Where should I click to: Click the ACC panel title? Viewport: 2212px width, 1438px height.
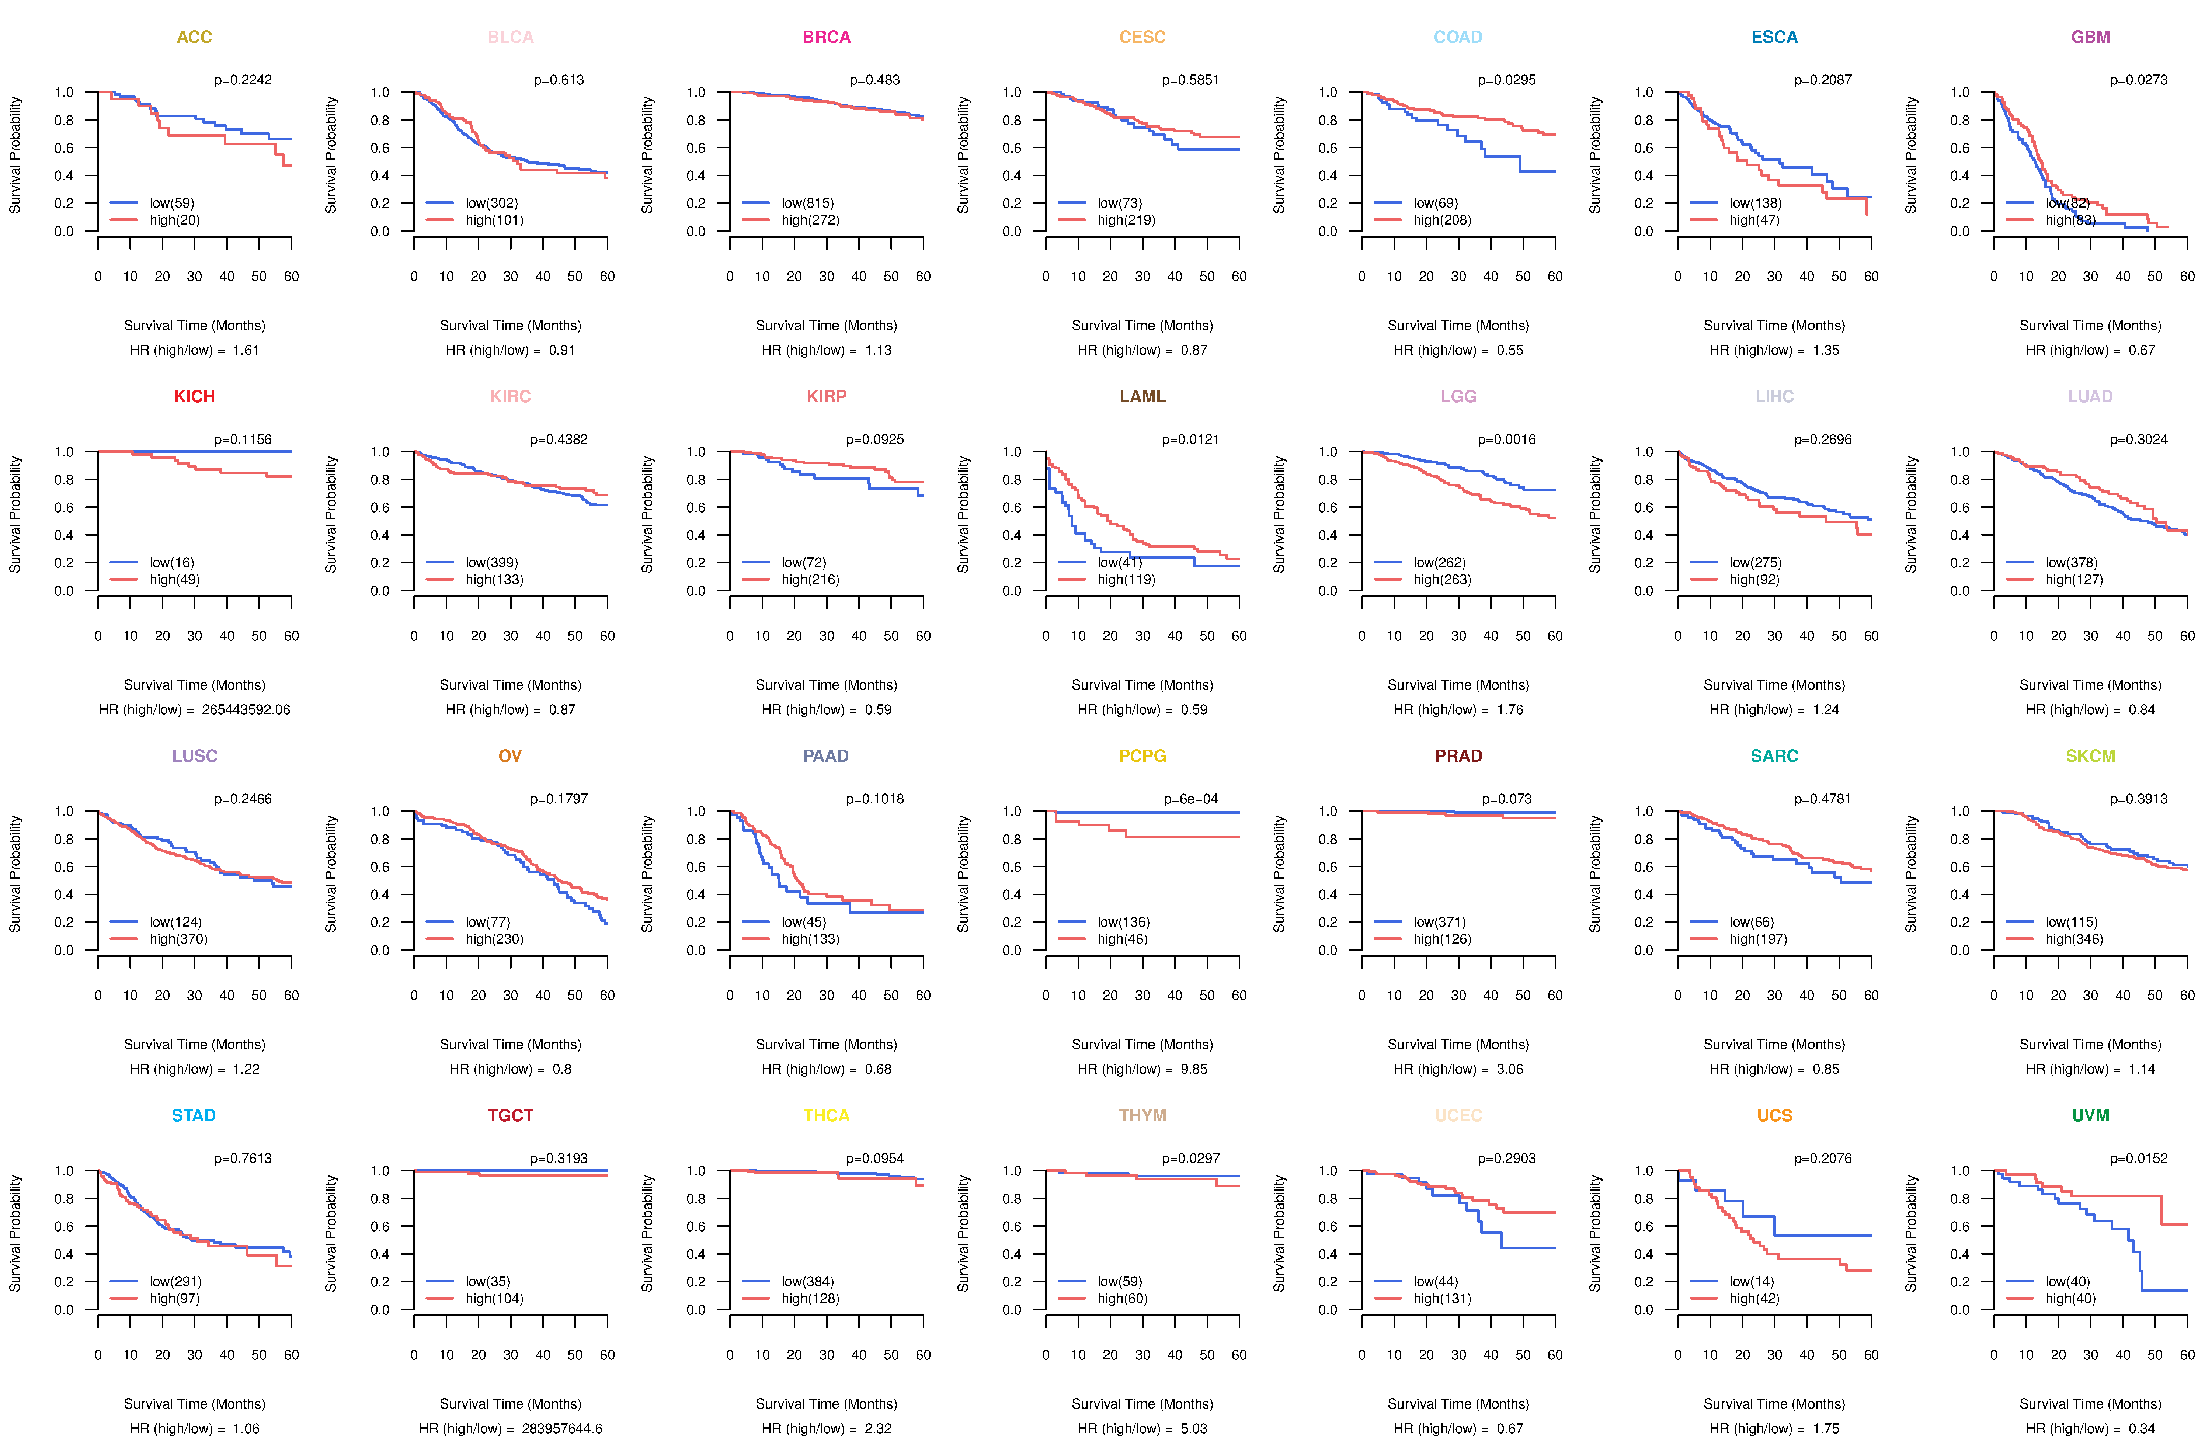tap(194, 37)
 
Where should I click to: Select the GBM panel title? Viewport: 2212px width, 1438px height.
tap(2090, 37)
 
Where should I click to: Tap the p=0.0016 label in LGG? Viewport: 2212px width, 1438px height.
tap(1507, 440)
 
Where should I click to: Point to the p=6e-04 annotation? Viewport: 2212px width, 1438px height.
tap(1190, 799)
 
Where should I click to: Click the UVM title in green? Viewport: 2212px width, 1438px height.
tap(2090, 1115)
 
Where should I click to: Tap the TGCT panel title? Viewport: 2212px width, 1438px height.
tap(510, 1115)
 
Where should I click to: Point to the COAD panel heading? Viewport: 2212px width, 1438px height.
tap(1457, 37)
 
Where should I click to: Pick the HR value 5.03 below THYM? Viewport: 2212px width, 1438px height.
tap(1194, 1429)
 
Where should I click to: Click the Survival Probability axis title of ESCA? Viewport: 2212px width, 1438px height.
tap(1595, 155)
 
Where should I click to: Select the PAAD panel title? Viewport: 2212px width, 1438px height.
tap(825, 756)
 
